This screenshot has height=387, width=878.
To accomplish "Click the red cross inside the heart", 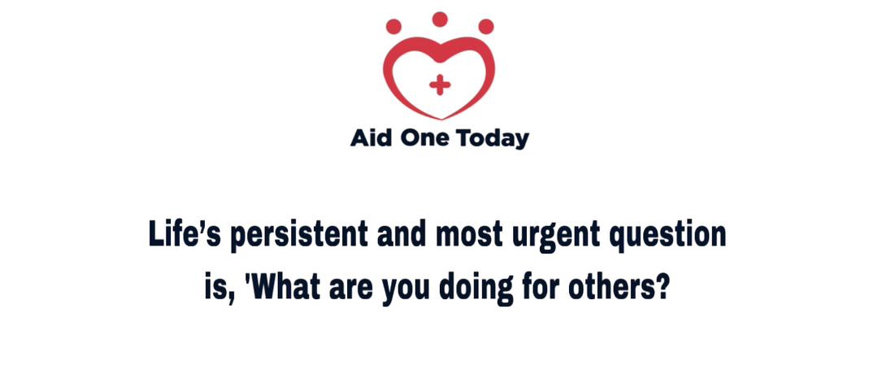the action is click(440, 85).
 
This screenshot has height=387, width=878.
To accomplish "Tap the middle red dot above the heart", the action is click(440, 19).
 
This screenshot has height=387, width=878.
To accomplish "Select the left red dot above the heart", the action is click(393, 26).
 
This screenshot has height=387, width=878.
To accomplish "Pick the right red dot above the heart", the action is click(486, 26).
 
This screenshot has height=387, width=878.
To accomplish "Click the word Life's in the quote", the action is click(186, 234).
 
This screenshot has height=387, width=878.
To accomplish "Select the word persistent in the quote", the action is click(299, 236).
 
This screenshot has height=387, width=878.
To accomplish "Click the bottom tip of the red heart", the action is click(441, 120).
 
